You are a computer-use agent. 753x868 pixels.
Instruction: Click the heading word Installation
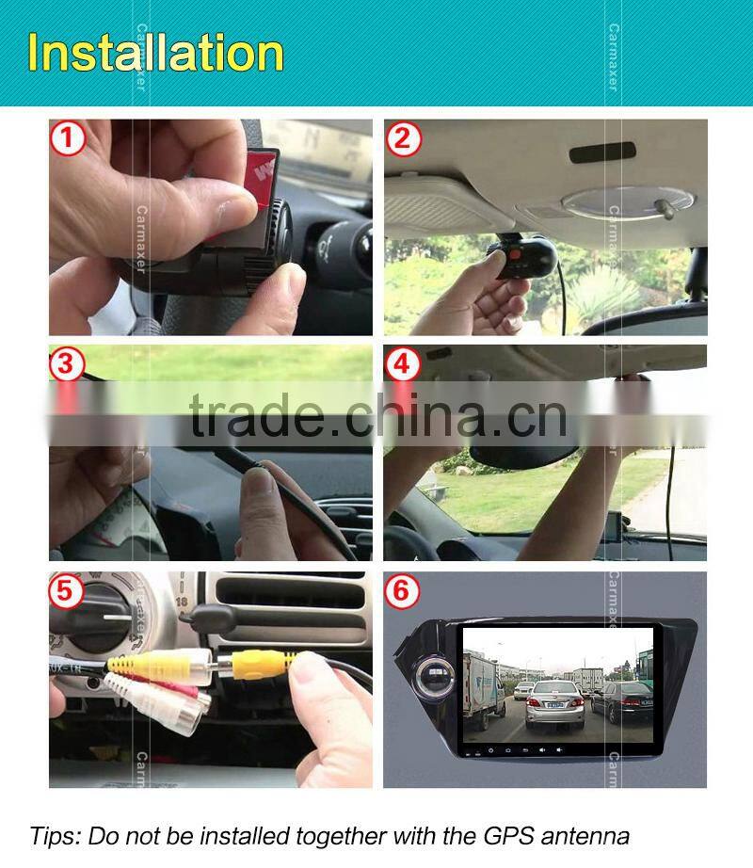(x=156, y=53)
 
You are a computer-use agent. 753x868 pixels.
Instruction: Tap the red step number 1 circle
(x=68, y=139)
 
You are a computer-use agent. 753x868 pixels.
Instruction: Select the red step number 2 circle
(x=403, y=139)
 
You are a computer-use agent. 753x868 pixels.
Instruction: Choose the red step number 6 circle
(x=403, y=592)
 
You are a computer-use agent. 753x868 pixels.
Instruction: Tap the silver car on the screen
(x=554, y=705)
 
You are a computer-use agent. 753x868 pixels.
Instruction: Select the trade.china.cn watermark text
(x=376, y=414)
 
